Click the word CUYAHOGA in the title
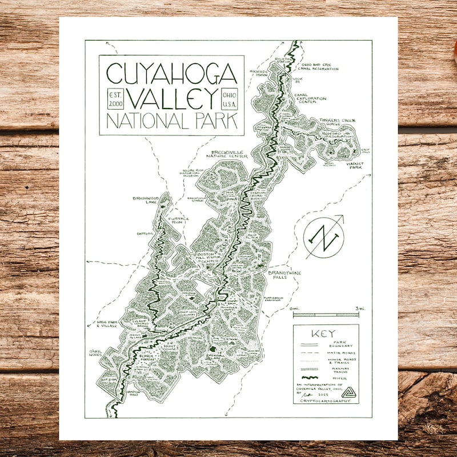click(171, 73)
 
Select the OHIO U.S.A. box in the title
click(230, 98)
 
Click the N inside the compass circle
click(324, 236)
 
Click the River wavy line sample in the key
click(312, 377)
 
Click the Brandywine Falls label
click(284, 275)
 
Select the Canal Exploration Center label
click(310, 98)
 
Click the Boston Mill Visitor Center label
click(208, 258)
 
